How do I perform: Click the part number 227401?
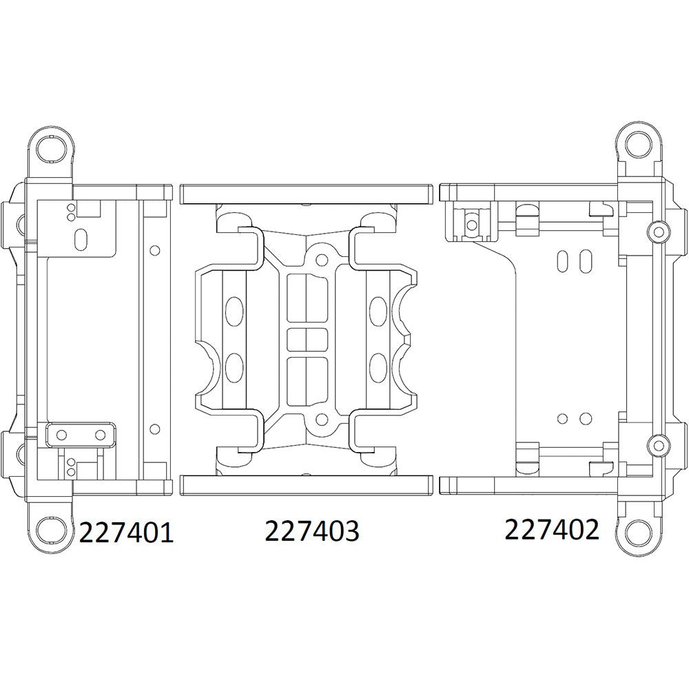(x=126, y=533)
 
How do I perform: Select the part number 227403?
(x=311, y=531)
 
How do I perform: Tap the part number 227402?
(x=552, y=529)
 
